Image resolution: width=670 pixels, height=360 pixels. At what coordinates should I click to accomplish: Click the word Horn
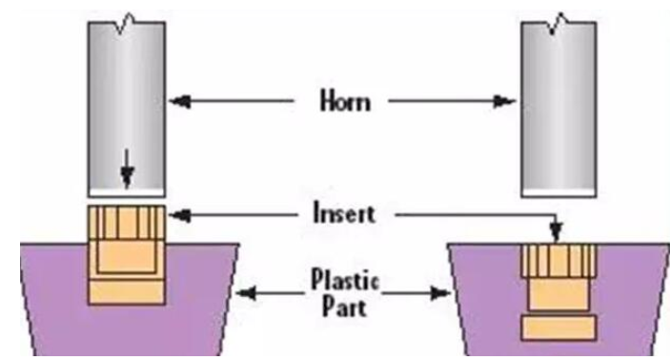click(345, 101)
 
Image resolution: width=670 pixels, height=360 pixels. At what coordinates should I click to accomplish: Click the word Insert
click(344, 212)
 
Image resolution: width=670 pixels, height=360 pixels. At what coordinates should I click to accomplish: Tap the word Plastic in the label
click(345, 280)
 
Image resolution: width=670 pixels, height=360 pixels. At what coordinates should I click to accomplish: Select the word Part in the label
click(344, 307)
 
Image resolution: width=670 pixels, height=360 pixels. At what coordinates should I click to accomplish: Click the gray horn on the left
click(127, 107)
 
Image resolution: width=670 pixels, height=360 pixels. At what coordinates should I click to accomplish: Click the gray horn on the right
click(558, 107)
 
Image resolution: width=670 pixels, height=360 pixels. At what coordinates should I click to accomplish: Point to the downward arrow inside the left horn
click(127, 169)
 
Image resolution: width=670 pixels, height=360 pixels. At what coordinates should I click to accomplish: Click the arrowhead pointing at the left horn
click(179, 102)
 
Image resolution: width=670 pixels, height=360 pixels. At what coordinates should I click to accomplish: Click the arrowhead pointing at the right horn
click(505, 102)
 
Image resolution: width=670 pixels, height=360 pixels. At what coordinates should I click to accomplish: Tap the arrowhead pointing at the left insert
click(179, 215)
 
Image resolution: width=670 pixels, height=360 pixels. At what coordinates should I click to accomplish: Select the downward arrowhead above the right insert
click(556, 232)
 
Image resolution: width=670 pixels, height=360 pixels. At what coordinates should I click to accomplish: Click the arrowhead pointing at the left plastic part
click(246, 293)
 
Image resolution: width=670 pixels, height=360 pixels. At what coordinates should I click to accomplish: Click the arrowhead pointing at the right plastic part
click(440, 293)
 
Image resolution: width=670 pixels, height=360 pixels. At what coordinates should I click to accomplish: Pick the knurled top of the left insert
click(127, 222)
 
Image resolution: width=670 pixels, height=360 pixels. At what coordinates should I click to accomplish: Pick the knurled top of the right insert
click(558, 261)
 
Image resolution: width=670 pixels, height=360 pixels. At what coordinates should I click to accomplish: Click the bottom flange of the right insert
click(558, 328)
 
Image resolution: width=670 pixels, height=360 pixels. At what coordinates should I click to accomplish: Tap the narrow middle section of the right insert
click(558, 294)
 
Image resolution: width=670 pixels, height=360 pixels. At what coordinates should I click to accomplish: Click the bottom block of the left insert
click(127, 292)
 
